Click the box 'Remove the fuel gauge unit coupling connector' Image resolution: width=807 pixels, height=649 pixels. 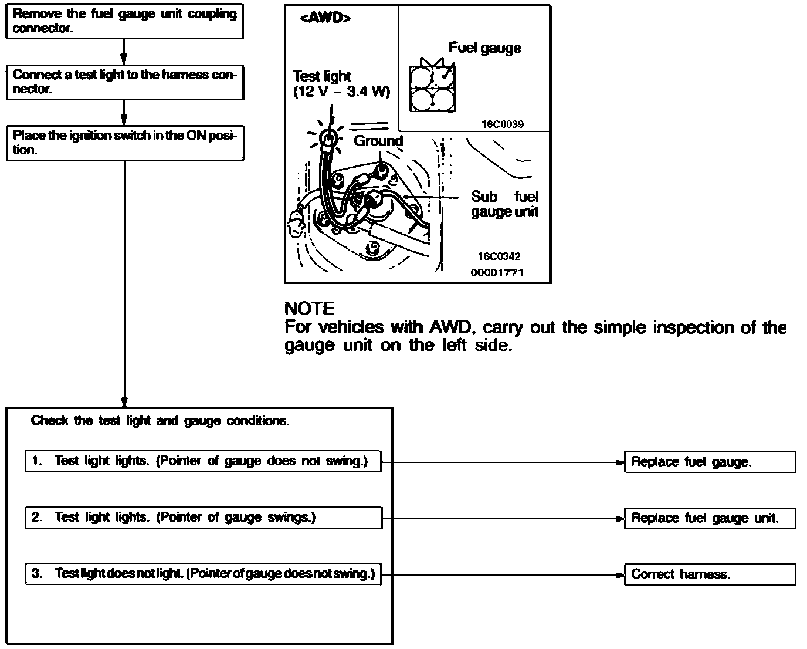point(124,21)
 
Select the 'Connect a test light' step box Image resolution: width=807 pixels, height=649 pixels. point(125,82)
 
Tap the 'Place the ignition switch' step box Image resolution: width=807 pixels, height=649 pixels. point(125,143)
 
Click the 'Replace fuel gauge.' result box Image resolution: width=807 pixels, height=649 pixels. point(710,462)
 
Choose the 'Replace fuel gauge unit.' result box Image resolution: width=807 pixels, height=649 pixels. point(710,519)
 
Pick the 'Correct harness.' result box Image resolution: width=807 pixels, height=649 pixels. point(710,574)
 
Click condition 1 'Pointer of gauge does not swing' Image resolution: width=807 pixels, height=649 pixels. point(204,461)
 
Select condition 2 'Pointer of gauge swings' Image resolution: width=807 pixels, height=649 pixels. point(204,518)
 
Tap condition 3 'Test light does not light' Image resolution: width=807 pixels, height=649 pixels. point(204,574)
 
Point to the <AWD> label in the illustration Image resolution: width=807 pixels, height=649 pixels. point(325,18)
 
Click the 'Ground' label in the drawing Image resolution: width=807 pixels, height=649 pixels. point(378,141)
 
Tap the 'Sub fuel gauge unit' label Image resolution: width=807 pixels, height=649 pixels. point(504,204)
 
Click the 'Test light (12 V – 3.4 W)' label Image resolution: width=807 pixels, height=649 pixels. point(341,84)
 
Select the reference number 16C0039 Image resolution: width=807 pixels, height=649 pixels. point(503,124)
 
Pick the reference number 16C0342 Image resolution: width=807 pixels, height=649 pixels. point(499,256)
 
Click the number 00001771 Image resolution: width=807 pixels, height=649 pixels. point(497,273)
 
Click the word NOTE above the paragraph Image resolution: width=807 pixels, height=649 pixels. point(310,309)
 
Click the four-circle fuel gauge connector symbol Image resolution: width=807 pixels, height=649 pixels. point(432,88)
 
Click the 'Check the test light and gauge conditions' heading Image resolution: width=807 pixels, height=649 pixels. point(160,421)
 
